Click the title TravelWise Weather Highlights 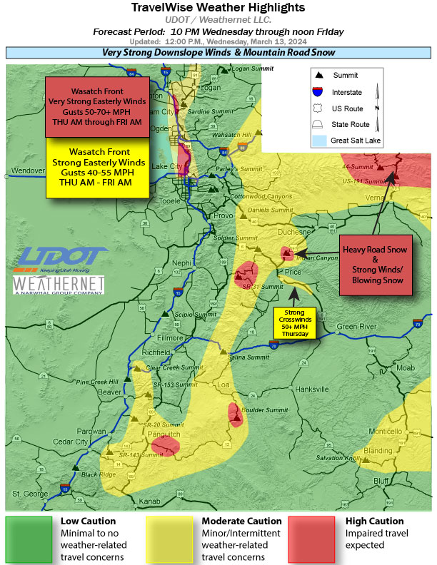[x=218, y=8]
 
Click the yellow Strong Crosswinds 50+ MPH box [x=297, y=323]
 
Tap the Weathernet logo [x=60, y=285]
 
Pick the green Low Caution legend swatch [x=29, y=539]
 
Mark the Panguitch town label [x=164, y=434]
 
